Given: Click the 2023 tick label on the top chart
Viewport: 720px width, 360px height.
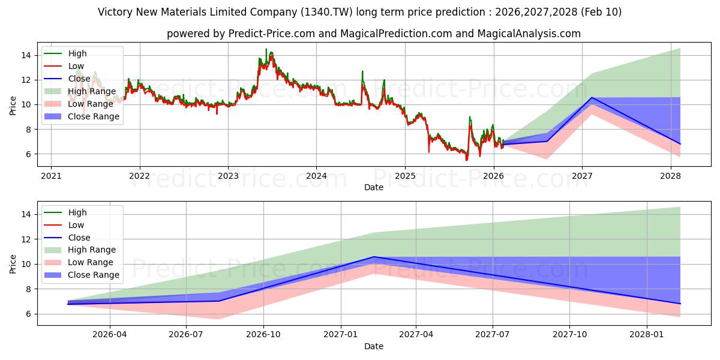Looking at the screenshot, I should coord(228,176).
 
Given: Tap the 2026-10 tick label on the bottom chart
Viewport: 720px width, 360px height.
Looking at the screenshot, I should coord(264,335).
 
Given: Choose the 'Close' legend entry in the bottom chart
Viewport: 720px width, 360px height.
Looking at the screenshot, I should coord(79,238).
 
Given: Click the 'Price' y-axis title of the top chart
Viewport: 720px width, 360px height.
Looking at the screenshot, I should coord(13,104).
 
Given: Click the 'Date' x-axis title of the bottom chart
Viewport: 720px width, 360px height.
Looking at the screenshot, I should coord(374,346).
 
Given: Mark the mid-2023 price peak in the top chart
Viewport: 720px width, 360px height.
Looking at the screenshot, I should coord(266,49).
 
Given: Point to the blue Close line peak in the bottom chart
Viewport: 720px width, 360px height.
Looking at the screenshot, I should coord(374,257).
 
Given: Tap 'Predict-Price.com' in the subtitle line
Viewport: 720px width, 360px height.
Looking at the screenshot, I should coord(271,34).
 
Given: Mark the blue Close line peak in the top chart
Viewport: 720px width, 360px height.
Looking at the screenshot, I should coord(592,97).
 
